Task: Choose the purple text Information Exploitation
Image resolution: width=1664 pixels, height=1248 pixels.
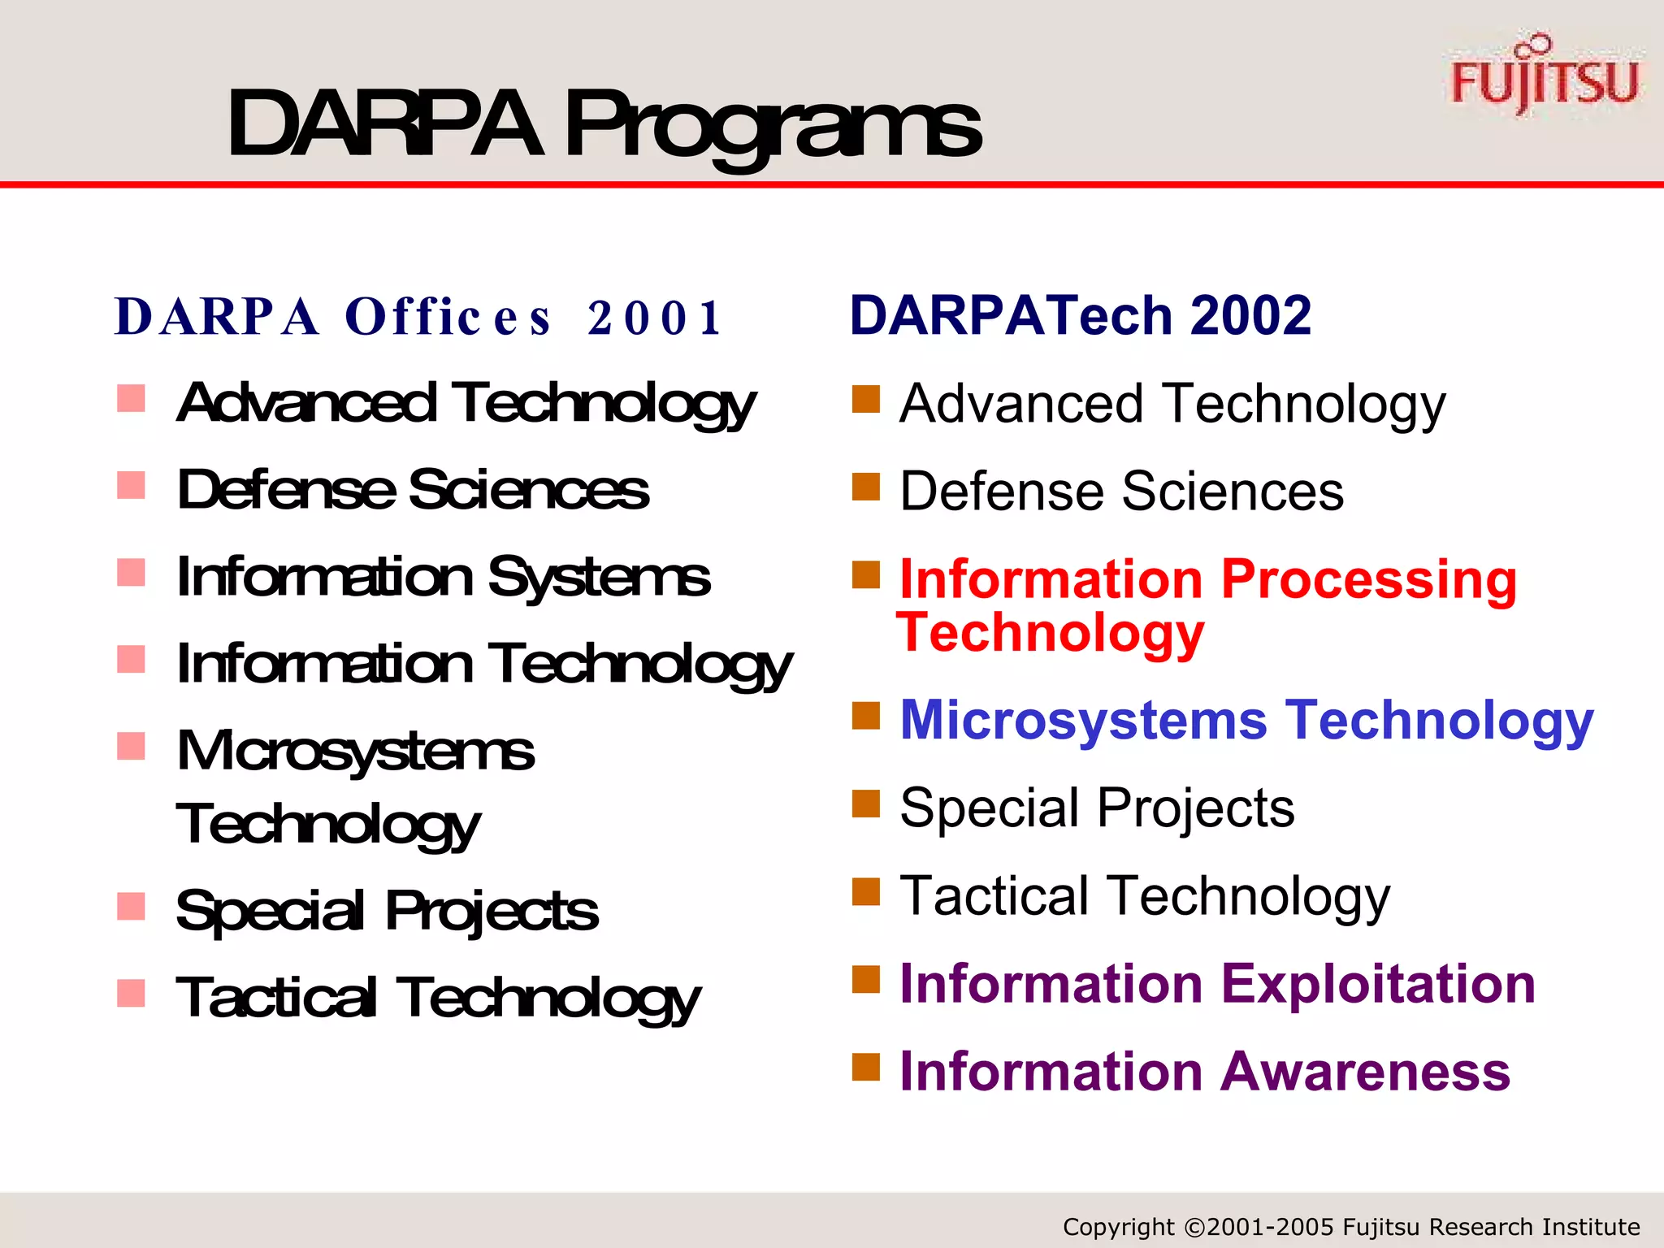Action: [1217, 983]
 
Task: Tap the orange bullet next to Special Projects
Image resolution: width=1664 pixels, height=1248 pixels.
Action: [866, 804]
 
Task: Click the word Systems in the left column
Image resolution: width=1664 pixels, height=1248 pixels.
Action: [599, 578]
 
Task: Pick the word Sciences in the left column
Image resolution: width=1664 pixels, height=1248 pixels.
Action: [528, 490]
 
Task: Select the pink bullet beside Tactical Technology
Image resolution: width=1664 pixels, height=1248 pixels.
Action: [131, 993]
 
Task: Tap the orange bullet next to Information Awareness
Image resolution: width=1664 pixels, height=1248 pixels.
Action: [866, 1067]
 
